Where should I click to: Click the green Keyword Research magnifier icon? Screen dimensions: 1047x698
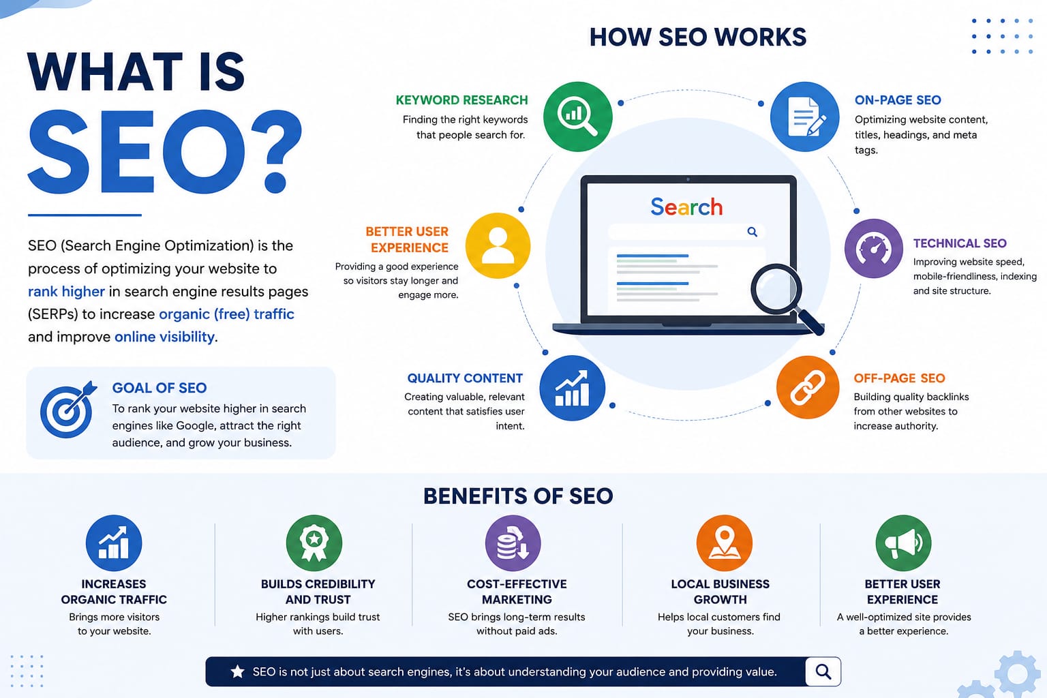(x=578, y=117)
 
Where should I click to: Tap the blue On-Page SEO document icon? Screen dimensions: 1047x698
(x=804, y=117)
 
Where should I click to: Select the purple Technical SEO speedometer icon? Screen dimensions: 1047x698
(x=873, y=248)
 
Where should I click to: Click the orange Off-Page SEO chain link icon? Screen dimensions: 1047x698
(x=808, y=387)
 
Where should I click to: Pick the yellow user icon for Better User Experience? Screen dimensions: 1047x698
(x=498, y=245)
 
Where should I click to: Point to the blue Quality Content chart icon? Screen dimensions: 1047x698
(x=572, y=388)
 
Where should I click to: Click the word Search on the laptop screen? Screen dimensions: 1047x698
(x=686, y=207)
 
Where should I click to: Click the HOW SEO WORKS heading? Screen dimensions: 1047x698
(x=698, y=37)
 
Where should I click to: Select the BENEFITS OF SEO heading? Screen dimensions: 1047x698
(x=518, y=496)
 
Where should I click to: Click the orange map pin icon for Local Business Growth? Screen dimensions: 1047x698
(x=725, y=543)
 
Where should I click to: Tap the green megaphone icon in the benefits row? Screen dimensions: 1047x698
(x=903, y=543)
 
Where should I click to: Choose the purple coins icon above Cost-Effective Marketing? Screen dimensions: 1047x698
(x=513, y=543)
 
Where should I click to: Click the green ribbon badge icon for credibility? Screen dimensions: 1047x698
(x=314, y=543)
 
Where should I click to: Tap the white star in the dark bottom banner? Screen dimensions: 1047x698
(x=237, y=671)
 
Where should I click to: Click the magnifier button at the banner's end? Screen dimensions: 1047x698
(x=823, y=671)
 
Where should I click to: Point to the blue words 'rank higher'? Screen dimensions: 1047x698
(x=66, y=292)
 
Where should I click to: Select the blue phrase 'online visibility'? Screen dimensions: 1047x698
(x=164, y=337)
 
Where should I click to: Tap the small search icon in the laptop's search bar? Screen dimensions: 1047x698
(x=752, y=232)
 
